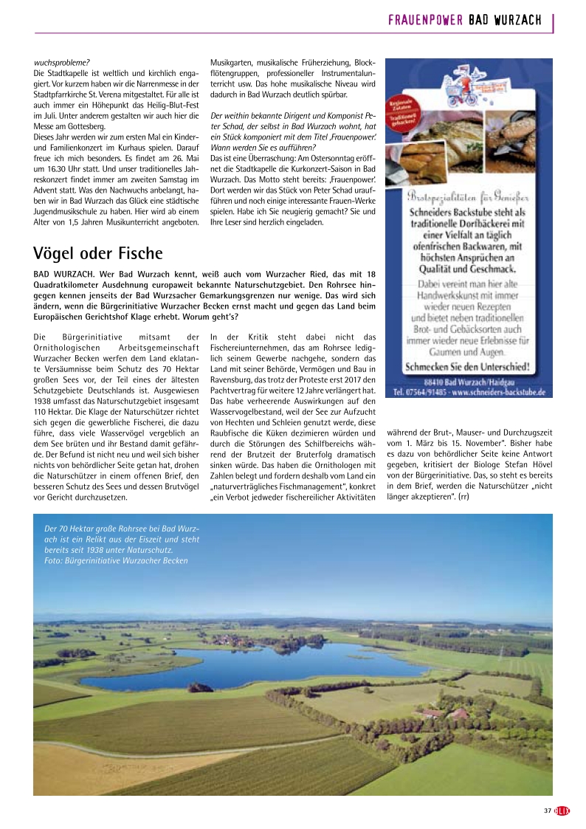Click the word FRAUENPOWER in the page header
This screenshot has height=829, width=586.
pyautogui.click(x=425, y=20)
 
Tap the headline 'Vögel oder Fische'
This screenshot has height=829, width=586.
pyautogui.click(x=97, y=253)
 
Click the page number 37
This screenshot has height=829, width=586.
pyautogui.click(x=548, y=811)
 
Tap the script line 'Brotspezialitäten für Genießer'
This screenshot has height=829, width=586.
pyautogui.click(x=469, y=196)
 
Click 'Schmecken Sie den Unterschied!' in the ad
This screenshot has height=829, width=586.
pyautogui.click(x=469, y=366)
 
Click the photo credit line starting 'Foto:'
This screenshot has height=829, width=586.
pyautogui.click(x=116, y=560)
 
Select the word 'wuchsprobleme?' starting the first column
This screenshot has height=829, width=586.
pyautogui.click(x=62, y=63)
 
